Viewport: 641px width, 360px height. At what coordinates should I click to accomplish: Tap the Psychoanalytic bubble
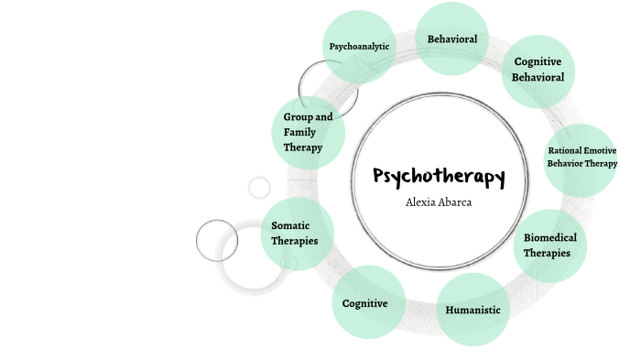tap(360, 46)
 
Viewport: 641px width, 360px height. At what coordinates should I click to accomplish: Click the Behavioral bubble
tap(451, 38)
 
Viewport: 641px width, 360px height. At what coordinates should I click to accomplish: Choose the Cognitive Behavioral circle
tap(538, 69)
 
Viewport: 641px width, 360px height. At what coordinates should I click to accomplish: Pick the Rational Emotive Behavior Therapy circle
tap(582, 158)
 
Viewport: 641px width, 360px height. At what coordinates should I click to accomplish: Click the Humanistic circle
tap(473, 310)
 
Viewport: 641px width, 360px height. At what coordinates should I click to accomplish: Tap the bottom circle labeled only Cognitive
tap(365, 303)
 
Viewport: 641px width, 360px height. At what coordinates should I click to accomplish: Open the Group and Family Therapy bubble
tap(309, 132)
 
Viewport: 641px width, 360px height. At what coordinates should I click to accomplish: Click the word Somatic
tap(291, 225)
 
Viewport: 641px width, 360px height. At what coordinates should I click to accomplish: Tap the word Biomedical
tap(550, 238)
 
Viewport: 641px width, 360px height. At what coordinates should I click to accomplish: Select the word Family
tap(299, 132)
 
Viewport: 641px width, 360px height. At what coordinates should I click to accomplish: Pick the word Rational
tap(564, 150)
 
